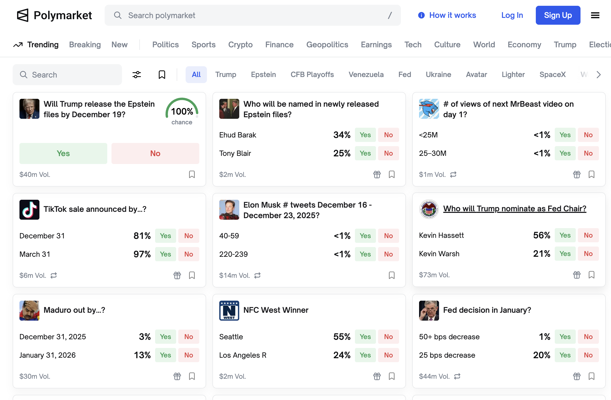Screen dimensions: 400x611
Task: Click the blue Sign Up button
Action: pos(558,15)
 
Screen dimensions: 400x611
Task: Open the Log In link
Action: pos(512,15)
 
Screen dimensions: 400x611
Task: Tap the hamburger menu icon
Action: pos(595,15)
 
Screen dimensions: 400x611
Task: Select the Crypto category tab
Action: pos(240,45)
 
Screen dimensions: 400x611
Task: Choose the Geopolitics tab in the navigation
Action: pos(327,45)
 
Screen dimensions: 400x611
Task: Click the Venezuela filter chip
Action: pos(366,75)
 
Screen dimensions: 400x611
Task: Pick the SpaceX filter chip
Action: pos(552,75)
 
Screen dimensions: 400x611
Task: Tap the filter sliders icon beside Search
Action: pos(137,75)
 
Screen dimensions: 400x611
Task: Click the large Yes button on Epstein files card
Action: pos(63,153)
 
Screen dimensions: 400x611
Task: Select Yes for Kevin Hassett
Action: pos(565,235)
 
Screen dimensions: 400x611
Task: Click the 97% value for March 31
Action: pos(142,254)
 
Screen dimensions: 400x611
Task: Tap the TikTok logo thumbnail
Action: pos(29,209)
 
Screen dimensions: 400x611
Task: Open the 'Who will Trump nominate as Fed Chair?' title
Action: pos(515,208)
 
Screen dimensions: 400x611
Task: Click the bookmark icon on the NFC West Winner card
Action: pos(391,376)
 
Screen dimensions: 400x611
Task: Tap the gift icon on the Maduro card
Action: pos(177,376)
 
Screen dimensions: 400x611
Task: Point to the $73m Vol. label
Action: pos(434,275)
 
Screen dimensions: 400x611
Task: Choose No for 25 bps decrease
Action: pos(588,355)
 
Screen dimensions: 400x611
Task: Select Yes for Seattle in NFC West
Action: pos(365,337)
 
